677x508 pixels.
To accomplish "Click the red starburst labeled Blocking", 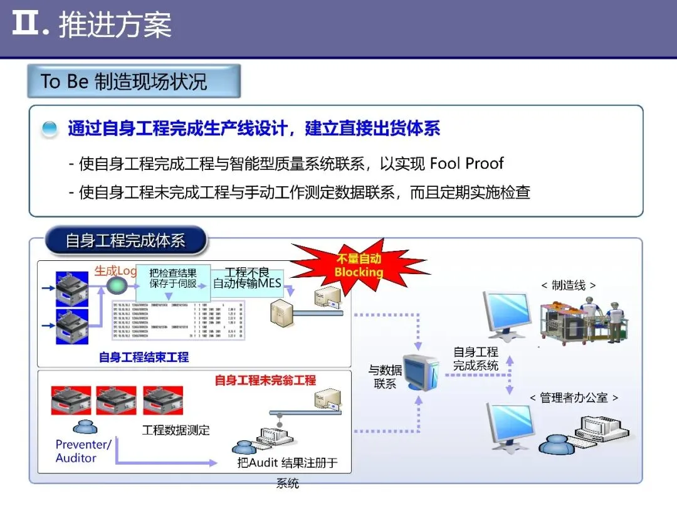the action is click(x=359, y=265).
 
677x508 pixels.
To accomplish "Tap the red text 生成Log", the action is click(x=115, y=271).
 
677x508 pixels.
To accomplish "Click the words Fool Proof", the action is click(x=466, y=164).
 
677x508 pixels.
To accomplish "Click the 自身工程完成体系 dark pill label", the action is click(x=125, y=241).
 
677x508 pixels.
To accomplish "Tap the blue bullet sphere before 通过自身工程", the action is click(x=50, y=130).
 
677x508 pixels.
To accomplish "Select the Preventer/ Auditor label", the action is click(x=83, y=452).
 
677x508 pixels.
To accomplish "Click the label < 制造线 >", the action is click(x=568, y=285).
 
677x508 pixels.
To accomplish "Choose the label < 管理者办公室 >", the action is click(x=574, y=398).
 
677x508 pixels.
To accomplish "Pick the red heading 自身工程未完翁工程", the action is click(x=265, y=380).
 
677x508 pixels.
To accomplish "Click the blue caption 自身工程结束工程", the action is click(x=144, y=357).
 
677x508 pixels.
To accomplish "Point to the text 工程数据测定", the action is click(x=176, y=430).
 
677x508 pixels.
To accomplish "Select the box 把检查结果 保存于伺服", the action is click(x=173, y=278).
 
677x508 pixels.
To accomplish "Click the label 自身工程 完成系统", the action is click(x=476, y=359).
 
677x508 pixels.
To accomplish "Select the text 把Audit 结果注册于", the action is click(x=288, y=463).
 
